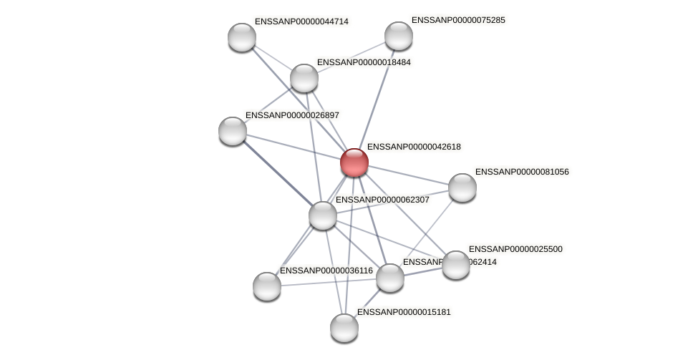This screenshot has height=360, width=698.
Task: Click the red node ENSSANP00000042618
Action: pyautogui.click(x=354, y=162)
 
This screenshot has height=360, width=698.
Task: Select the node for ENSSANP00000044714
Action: pyautogui.click(x=242, y=37)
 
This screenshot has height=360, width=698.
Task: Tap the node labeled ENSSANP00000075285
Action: pyautogui.click(x=399, y=36)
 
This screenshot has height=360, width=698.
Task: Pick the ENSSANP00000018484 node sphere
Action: pyautogui.click(x=304, y=78)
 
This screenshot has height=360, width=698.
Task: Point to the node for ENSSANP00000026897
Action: pyautogui.click(x=233, y=130)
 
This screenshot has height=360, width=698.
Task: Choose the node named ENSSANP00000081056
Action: pyautogui.click(x=462, y=188)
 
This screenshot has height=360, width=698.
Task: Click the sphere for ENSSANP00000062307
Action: pyautogui.click(x=323, y=215)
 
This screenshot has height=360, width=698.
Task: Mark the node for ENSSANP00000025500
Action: pyautogui.click(x=455, y=265)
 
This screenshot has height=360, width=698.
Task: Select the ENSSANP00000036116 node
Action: pyautogui.click(x=267, y=286)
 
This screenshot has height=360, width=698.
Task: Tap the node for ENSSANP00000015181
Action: pyautogui.click(x=344, y=327)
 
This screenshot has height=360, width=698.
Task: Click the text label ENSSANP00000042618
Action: pyautogui.click(x=414, y=147)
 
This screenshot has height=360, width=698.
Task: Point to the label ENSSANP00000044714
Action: pyautogui.click(x=301, y=21)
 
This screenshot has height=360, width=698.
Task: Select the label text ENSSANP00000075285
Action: pyautogui.click(x=458, y=20)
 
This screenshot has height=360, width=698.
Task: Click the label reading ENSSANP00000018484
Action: pyautogui.click(x=364, y=62)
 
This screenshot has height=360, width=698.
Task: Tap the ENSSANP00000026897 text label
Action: pyautogui.click(x=292, y=115)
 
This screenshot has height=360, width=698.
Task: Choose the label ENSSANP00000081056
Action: pyautogui.click(x=522, y=172)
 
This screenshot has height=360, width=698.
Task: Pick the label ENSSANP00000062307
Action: pyautogui.click(x=382, y=200)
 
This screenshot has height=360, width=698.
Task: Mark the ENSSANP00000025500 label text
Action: pyautogui.click(x=515, y=249)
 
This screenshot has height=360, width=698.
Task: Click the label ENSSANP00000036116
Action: pyautogui.click(x=326, y=271)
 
